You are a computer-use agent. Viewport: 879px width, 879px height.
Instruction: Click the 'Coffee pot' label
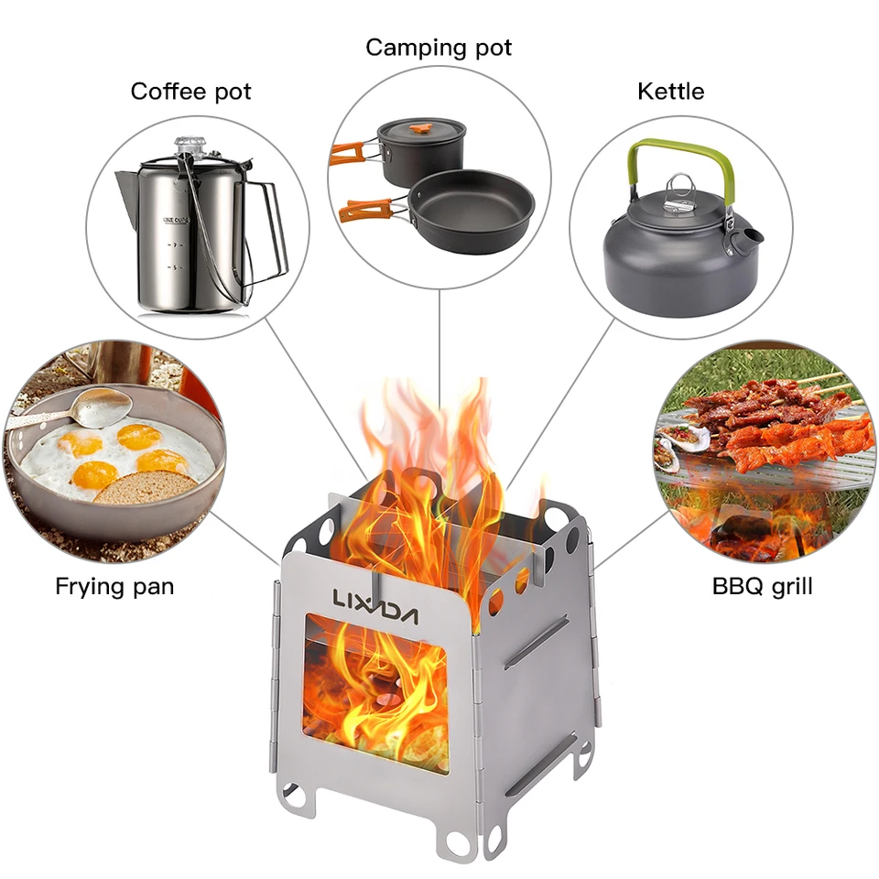pyautogui.click(x=190, y=92)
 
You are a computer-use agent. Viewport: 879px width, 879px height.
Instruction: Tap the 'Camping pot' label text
pyautogui.click(x=439, y=48)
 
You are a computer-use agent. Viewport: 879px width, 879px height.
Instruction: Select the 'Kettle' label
pyautogui.click(x=670, y=91)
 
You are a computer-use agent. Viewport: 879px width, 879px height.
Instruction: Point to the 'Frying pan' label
pyautogui.click(x=114, y=587)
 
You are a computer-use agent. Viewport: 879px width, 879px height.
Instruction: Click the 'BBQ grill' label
pyautogui.click(x=762, y=586)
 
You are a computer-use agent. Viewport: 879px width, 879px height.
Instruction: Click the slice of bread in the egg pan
pyautogui.click(x=145, y=487)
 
